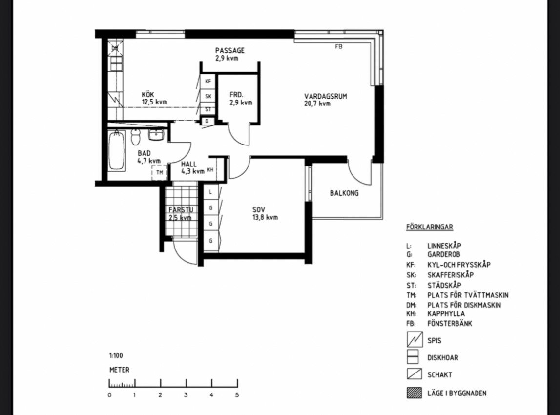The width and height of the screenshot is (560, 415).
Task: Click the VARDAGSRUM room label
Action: click(325, 96)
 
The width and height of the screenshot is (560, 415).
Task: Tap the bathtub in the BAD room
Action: click(117, 150)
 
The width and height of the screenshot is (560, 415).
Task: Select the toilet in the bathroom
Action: click(135, 137)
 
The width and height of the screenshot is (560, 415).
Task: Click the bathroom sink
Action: click(156, 135)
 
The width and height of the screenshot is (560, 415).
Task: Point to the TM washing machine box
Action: click(159, 172)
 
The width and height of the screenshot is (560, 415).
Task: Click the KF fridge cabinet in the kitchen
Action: click(208, 81)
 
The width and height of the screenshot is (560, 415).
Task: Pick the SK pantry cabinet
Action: click(208, 96)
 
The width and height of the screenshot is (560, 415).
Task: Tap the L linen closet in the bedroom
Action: click(211, 192)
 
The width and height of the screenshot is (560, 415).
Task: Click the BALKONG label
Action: click(344, 193)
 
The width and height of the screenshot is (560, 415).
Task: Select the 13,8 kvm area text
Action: click(265, 217)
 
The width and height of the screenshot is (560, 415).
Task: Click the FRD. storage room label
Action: click(236, 95)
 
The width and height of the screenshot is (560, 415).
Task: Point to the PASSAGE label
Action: click(229, 50)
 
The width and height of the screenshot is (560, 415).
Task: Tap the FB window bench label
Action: click(338, 46)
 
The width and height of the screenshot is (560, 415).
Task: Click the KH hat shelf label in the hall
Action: click(210, 170)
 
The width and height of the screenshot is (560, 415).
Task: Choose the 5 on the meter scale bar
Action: click(237, 395)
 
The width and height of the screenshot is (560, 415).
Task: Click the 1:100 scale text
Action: click(116, 356)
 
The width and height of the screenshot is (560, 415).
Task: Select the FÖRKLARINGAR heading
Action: click(429, 227)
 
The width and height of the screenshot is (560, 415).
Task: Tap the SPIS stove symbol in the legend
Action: click(415, 339)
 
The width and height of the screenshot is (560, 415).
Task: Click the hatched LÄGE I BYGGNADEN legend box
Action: click(415, 393)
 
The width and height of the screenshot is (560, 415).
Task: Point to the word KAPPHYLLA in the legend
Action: click(446, 314)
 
